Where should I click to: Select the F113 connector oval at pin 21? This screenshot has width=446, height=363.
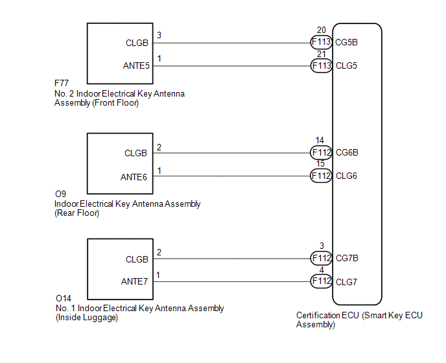click(322, 66)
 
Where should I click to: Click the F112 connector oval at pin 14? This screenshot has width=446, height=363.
click(322, 153)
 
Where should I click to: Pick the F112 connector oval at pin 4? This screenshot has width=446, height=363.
click(322, 281)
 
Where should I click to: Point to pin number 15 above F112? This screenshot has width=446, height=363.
click(320, 165)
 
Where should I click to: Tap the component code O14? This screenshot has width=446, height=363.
click(63, 299)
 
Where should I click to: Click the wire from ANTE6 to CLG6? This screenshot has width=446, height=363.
click(233, 176)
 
